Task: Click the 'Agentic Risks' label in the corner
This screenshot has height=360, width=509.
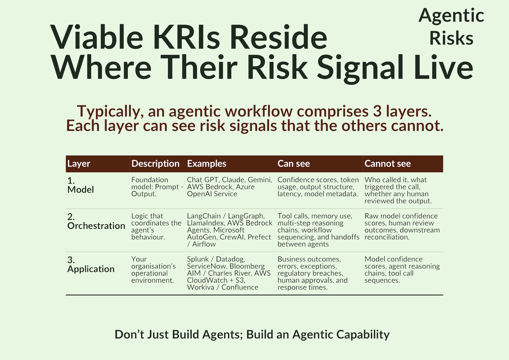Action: (x=451, y=27)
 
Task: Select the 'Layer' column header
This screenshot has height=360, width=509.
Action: (x=79, y=164)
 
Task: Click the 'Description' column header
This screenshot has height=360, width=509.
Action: (x=156, y=164)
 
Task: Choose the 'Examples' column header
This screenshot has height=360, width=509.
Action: (x=206, y=164)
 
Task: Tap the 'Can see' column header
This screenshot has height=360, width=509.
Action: (x=294, y=164)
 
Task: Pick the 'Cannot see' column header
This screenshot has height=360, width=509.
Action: (x=388, y=164)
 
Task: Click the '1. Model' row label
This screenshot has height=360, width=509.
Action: (x=80, y=185)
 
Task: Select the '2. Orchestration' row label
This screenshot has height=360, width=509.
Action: (x=96, y=221)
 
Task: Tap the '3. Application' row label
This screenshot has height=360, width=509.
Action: (x=91, y=265)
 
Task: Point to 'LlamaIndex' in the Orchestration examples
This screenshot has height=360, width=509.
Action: (x=206, y=223)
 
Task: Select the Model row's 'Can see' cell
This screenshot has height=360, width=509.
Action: (x=318, y=187)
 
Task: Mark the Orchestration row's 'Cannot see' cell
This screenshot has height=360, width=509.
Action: (x=402, y=227)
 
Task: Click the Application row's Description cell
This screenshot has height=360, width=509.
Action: (x=154, y=270)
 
